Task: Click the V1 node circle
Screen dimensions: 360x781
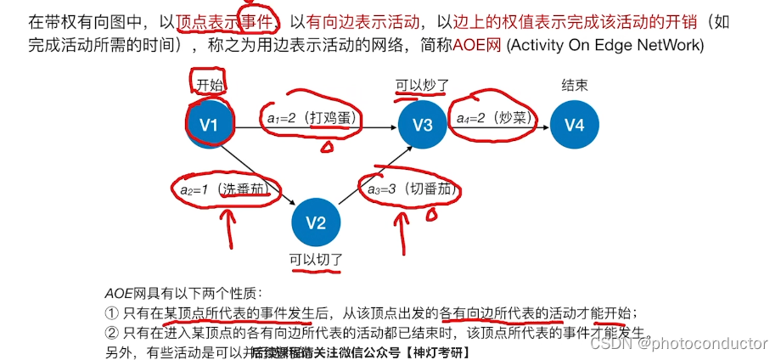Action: click(x=209, y=125)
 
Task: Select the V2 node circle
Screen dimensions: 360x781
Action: click(x=316, y=223)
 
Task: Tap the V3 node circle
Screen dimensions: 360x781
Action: click(x=423, y=125)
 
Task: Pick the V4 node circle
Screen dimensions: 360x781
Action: click(x=575, y=125)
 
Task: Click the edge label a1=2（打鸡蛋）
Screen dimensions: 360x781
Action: click(x=312, y=120)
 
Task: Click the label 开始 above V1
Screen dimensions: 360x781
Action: click(x=209, y=84)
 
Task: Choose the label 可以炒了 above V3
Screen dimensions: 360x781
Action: click(x=422, y=85)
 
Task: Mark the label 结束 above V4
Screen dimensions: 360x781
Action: click(x=575, y=85)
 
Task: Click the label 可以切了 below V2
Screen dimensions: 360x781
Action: click(x=316, y=260)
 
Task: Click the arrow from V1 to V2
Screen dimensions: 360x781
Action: click(x=263, y=175)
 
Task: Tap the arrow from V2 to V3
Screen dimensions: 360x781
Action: click(x=369, y=174)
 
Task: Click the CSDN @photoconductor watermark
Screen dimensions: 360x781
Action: click(x=678, y=344)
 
